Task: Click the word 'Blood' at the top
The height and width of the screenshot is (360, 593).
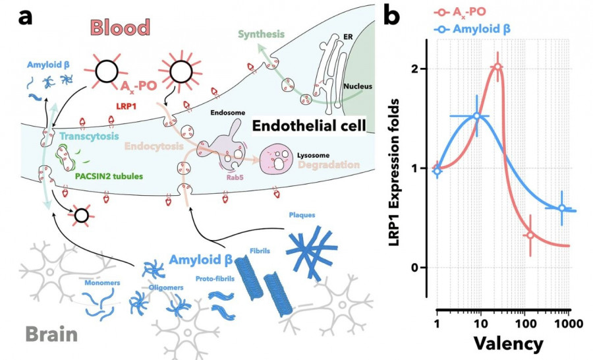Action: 121,28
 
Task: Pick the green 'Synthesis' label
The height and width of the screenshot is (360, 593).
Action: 261,34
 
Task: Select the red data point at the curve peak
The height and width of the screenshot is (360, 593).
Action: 497,67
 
